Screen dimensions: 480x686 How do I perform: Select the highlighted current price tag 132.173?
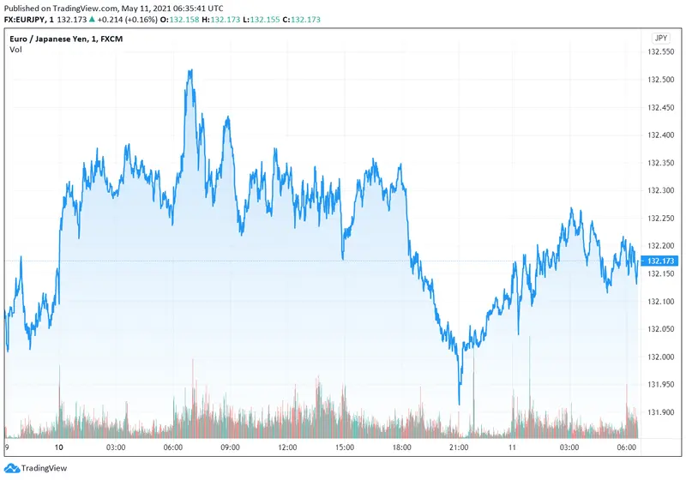click(x=660, y=261)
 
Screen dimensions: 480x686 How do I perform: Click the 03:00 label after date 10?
click(x=116, y=447)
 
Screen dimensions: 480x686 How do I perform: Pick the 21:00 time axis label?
click(x=459, y=447)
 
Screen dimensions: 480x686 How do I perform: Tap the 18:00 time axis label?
click(x=401, y=447)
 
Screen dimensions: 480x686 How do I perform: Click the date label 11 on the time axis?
click(x=512, y=447)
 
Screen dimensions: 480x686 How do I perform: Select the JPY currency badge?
click(x=660, y=38)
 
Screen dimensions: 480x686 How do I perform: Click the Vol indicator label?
click(x=16, y=50)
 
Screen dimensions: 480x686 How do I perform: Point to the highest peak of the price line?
click(x=190, y=70)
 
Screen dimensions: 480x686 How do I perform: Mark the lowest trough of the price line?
click(x=460, y=404)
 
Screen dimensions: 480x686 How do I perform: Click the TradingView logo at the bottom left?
click(x=34, y=468)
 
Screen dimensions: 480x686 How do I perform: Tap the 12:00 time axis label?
click(x=287, y=447)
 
